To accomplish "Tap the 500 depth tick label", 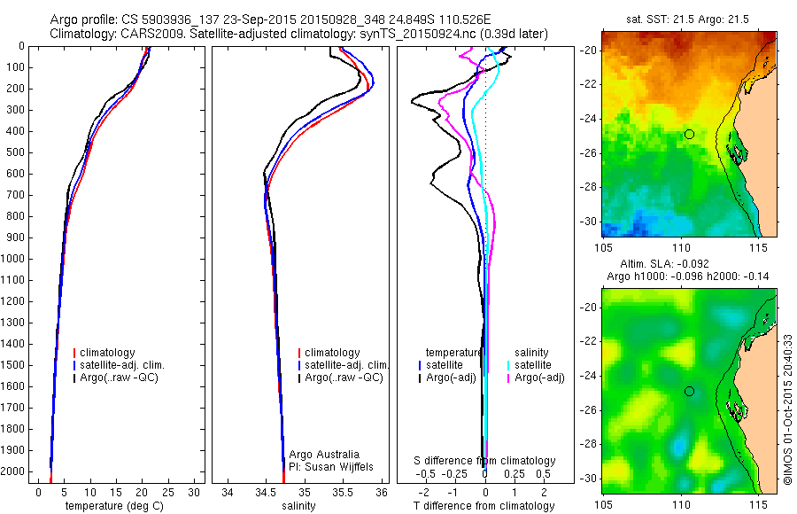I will pyautogui.click(x=17, y=152).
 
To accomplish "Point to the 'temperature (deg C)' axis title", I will pyautogui.click(x=116, y=506).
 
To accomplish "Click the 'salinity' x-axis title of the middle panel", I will pyautogui.click(x=298, y=506).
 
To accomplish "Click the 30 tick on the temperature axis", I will pyautogui.click(x=194, y=491).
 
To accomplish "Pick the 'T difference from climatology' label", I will pyautogui.click(x=484, y=506).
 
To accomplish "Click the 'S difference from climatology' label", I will pyautogui.click(x=484, y=461).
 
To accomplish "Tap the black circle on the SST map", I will pyautogui.click(x=689, y=134).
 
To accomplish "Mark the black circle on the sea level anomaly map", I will pyautogui.click(x=689, y=391).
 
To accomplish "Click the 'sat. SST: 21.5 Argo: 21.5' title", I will pyautogui.click(x=688, y=19).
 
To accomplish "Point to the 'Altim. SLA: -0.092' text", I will pyautogui.click(x=688, y=264).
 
